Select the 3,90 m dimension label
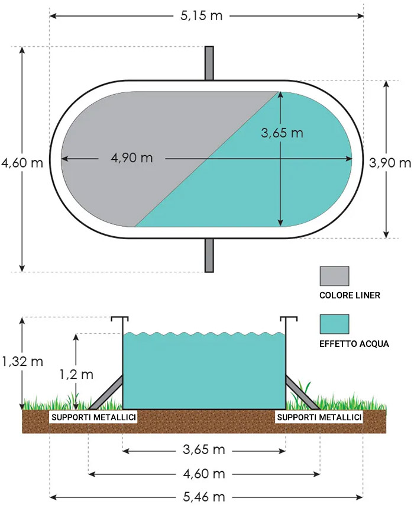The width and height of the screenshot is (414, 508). coord(389,162)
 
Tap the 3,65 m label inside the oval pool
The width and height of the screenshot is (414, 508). coord(282,133)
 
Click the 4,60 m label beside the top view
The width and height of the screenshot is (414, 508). coord(22,162)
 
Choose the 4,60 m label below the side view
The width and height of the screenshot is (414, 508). coord(204,474)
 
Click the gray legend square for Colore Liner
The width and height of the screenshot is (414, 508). coord(334,276)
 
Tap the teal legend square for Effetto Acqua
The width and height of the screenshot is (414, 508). coord(334,324)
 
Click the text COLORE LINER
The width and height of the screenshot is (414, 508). coord(349,295)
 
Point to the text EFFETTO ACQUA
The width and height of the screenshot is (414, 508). coord(353,343)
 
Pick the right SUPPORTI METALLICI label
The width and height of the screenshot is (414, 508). coord(319,418)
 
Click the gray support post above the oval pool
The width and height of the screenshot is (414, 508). coord(209,63)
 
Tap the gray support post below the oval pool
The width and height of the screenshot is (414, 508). coord(209,255)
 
